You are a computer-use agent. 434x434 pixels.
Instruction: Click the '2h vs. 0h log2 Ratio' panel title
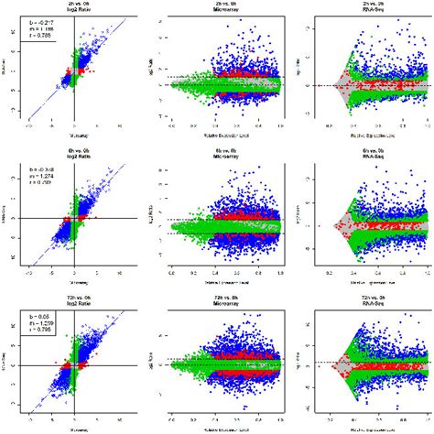click(74, 9)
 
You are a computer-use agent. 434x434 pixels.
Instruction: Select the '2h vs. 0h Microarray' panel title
click(219, 9)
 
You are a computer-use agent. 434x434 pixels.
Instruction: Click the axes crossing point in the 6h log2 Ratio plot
click(74, 218)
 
